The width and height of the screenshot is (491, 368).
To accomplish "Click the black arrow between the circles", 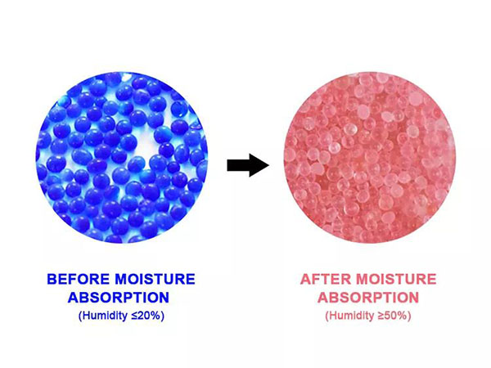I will [x=248, y=167].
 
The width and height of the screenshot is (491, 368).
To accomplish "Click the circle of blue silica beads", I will [x=123, y=159].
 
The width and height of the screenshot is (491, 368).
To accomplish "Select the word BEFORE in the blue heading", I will [x=76, y=279].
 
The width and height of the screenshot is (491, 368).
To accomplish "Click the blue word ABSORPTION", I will [x=121, y=296].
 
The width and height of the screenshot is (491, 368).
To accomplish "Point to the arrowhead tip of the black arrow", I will [x=268, y=167].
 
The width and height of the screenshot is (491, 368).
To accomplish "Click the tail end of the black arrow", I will [x=230, y=167].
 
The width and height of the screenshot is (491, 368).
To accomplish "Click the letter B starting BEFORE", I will [x=52, y=279].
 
